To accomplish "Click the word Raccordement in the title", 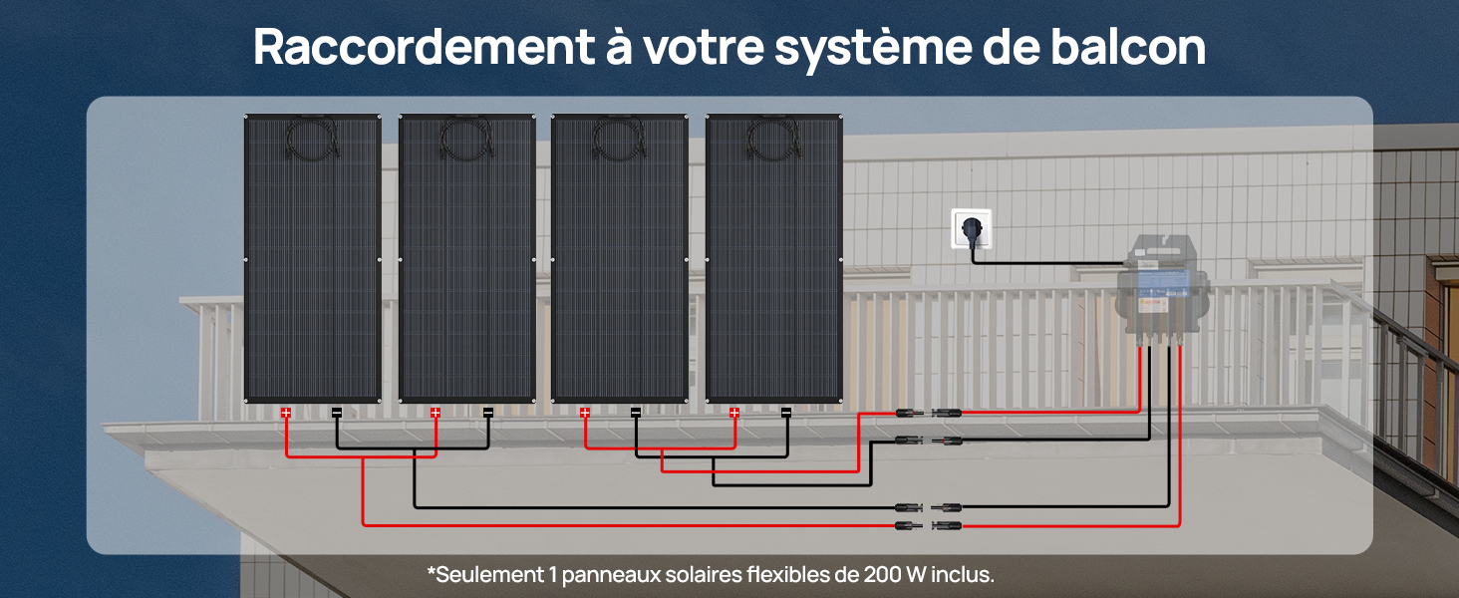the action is [x=424, y=47].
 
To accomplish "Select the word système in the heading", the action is [x=873, y=50].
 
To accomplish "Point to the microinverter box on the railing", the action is [x=1163, y=287].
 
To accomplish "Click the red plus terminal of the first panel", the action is [x=286, y=413].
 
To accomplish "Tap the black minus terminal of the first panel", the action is [x=337, y=413].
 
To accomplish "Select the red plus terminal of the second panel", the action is [x=436, y=413].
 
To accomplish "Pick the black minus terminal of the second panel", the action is [x=488, y=413].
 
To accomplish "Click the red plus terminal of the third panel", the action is [x=585, y=413].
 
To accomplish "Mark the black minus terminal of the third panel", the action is [x=636, y=413].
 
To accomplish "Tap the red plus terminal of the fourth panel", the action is [x=734, y=413].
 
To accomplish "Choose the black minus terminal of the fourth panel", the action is [x=786, y=413].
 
